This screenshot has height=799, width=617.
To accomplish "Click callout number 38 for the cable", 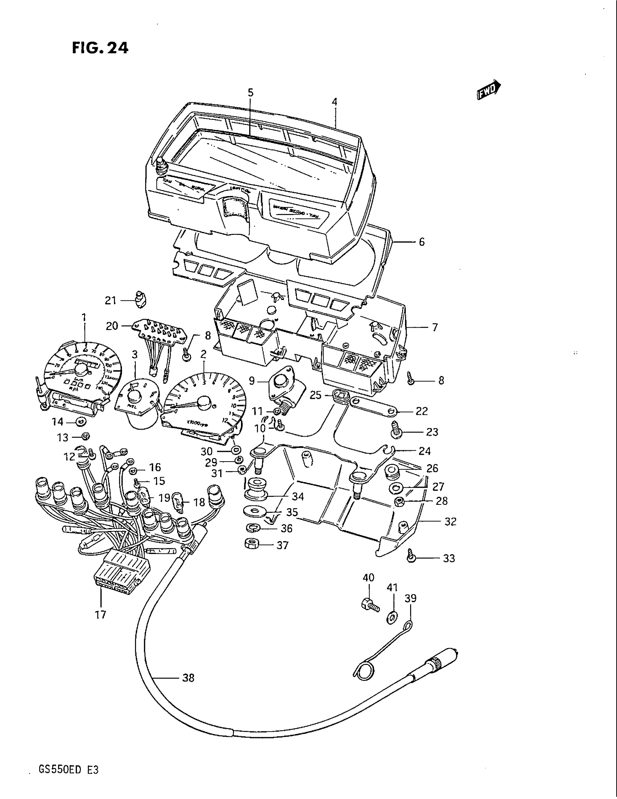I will click(x=188, y=678).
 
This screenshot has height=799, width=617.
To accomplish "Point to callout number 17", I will click(x=101, y=615).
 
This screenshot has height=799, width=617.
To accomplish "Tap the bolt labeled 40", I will click(x=369, y=604).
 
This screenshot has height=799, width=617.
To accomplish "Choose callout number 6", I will click(x=421, y=242).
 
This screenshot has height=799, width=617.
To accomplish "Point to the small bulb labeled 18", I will click(x=181, y=500).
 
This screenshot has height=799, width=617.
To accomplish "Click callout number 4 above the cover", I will click(x=335, y=102).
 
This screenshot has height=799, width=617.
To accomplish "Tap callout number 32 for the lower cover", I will click(x=450, y=521).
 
